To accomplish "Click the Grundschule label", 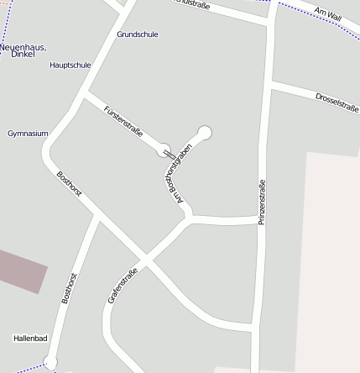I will [138, 34].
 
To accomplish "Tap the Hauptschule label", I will [70, 65].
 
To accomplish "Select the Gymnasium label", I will [28, 134].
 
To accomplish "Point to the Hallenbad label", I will [31, 339].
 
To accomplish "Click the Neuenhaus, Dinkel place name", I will [23, 50].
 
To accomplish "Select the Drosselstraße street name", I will [337, 102].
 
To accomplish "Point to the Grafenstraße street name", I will [123, 285].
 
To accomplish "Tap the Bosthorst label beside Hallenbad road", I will [71, 287].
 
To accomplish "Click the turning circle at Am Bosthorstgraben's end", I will [204, 132].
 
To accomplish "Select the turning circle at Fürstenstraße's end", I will [164, 150].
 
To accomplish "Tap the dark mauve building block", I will [20, 269].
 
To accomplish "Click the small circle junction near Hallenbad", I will [50, 362].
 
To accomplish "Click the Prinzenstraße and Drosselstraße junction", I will [269, 85].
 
